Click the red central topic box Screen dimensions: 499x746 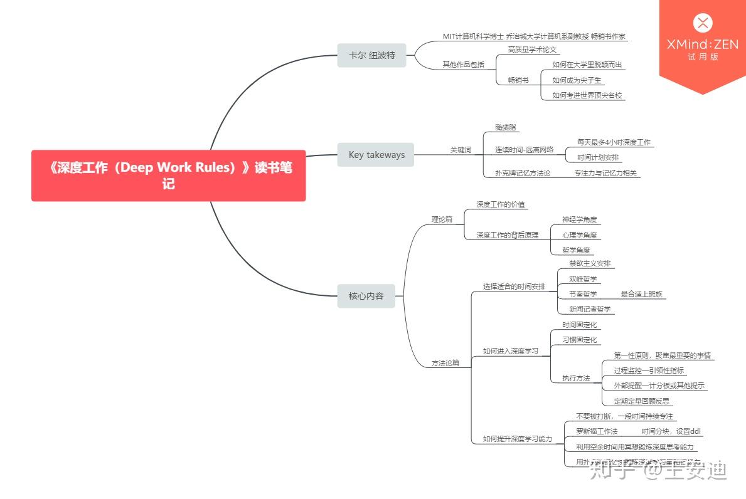[168, 176]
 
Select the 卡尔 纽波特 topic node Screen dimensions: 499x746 [372, 55]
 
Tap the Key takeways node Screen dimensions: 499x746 [376, 155]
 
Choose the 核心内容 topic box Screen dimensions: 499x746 [366, 295]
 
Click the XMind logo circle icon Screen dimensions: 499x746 [703, 24]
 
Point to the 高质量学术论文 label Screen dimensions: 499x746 [533, 50]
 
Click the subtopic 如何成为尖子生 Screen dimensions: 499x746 [577, 80]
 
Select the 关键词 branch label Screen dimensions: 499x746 [461, 150]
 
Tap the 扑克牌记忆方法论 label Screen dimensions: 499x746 [523, 173]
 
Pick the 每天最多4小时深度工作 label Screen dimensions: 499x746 [614, 142]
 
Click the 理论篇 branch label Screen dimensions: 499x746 [442, 219]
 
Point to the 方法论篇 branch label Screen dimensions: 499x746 [445, 363]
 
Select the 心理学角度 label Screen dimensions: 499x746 [580, 235]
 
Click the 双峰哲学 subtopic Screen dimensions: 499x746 [583, 279]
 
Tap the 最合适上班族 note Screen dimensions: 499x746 [642, 294]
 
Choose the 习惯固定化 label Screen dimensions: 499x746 [580, 340]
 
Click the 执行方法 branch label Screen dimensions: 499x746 [576, 378]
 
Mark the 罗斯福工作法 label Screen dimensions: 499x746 [597, 431]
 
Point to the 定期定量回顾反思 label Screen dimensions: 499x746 [641, 401]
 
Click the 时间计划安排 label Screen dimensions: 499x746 [598, 157]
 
